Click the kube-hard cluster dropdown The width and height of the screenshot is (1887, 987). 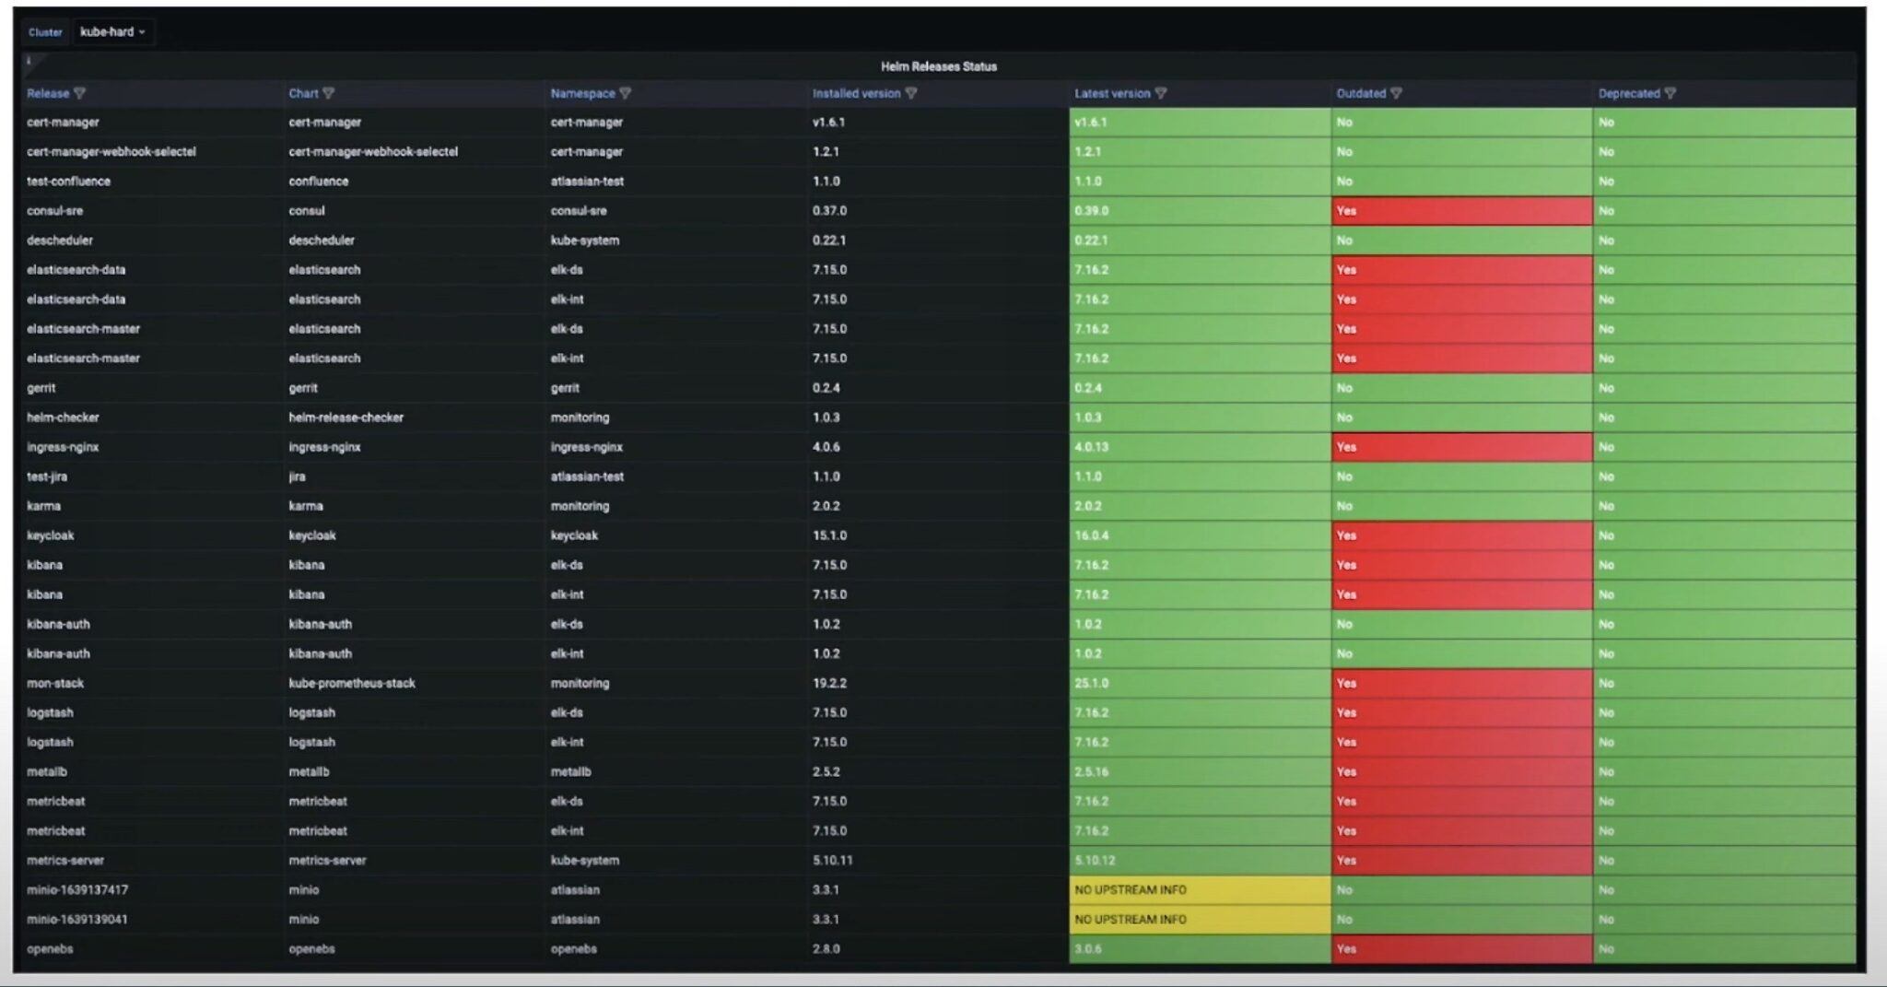(x=112, y=32)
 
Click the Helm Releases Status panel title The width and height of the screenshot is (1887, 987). (x=938, y=66)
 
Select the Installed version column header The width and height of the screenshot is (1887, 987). (x=856, y=93)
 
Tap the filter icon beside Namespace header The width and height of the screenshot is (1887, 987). (x=626, y=93)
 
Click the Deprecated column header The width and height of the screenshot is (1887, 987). (x=1628, y=93)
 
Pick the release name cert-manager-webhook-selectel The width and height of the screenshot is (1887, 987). (x=111, y=152)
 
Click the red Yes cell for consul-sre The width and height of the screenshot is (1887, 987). (x=1460, y=211)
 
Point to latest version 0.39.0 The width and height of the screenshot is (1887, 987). (x=1092, y=211)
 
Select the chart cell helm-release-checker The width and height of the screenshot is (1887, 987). (x=346, y=417)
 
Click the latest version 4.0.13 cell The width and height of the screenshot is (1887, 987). (x=1092, y=447)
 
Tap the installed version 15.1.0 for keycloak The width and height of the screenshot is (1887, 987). (x=829, y=535)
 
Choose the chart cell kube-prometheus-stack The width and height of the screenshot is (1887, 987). (x=352, y=683)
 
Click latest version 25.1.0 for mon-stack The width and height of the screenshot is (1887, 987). (x=1092, y=683)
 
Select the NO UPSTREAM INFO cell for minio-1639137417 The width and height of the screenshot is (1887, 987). (x=1131, y=890)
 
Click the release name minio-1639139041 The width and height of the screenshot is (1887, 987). (x=77, y=920)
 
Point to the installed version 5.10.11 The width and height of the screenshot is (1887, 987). (x=832, y=861)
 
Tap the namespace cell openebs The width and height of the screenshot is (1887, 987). (x=573, y=949)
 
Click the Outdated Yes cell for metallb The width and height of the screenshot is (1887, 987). (x=1460, y=772)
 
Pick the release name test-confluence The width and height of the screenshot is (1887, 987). (x=69, y=182)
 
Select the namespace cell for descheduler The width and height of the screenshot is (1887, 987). (x=584, y=241)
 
